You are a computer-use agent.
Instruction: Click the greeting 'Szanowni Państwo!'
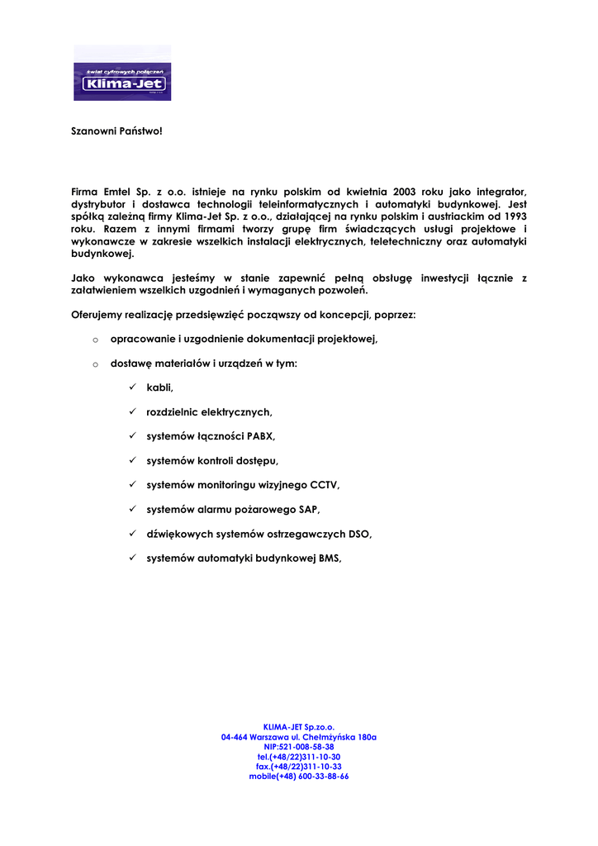112,131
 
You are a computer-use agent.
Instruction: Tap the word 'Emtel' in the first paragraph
121,192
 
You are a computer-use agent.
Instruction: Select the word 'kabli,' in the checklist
160,387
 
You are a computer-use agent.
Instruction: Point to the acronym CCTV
325,485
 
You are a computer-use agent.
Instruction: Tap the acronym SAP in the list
310,509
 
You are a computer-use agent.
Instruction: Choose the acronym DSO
360,534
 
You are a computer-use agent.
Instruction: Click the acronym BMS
330,558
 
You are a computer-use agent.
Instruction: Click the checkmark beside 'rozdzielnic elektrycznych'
132,411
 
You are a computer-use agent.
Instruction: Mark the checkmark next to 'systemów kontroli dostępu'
132,460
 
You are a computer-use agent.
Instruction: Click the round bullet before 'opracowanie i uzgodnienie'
96,340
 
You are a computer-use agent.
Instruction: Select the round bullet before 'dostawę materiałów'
96,364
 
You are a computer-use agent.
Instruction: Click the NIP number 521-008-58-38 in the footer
299,747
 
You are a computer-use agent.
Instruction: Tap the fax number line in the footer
299,767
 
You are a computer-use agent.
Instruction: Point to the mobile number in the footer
299,777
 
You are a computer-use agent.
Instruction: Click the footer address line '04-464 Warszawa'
299,737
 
